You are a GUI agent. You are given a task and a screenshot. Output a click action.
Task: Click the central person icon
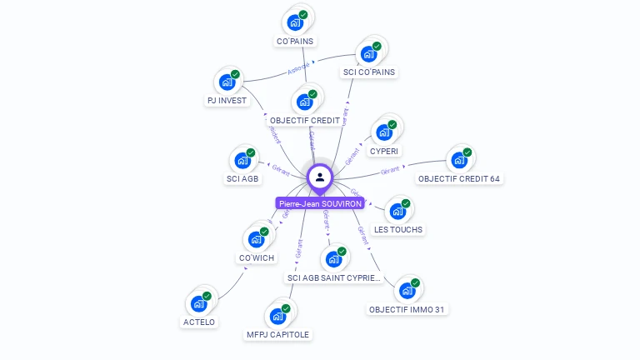point(319,177)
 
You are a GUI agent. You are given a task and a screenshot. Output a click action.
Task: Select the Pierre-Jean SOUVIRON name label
point(320,202)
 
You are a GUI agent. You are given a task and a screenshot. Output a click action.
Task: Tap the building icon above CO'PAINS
point(295,22)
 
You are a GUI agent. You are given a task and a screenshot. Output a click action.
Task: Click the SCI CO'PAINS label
point(369,72)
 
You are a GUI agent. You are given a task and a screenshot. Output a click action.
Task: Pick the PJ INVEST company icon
point(227,82)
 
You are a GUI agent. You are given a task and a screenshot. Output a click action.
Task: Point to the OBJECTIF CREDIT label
point(305,121)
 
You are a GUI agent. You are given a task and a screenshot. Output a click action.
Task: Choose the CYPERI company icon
point(384,132)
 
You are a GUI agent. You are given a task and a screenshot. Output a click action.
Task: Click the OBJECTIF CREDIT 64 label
point(459,179)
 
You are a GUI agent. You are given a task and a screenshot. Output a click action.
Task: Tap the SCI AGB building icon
point(243,160)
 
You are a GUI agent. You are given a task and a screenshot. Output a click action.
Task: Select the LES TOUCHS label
point(398,229)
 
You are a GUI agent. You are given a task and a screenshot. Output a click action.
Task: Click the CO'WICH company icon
point(257,239)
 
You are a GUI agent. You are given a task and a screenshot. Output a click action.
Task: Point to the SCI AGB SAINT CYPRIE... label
point(333,277)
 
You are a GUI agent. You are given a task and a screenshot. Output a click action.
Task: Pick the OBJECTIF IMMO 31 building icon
point(407,291)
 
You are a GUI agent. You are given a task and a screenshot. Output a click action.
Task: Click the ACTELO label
point(199,322)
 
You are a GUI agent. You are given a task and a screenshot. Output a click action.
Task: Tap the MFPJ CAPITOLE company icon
point(278,317)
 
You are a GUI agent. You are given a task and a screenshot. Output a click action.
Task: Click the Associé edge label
point(299,67)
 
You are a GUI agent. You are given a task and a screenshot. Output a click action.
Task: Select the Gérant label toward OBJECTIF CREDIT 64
point(391,170)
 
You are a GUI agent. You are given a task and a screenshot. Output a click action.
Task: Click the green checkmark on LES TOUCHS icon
point(406,203)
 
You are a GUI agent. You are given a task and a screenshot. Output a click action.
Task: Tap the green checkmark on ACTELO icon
point(207,296)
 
